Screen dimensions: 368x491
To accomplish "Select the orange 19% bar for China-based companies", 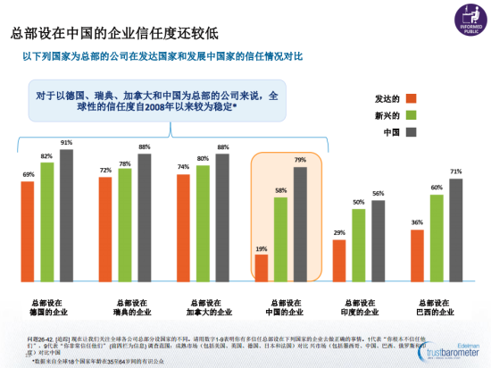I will click(x=261, y=267).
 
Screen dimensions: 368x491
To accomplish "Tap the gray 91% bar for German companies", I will click(x=67, y=215).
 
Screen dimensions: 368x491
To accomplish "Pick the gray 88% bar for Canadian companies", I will click(x=222, y=217).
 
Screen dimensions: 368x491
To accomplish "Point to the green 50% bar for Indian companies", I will click(x=359, y=245).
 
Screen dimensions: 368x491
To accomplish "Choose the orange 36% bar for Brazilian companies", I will click(x=417, y=255).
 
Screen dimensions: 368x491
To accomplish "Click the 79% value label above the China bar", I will click(x=300, y=160).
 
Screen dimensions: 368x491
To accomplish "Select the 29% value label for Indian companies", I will click(x=339, y=232).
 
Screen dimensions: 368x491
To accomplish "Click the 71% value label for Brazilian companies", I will click(x=456, y=171).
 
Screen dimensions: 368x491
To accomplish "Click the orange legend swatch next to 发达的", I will click(x=411, y=98).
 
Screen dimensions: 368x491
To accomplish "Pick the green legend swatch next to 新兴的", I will click(x=411, y=115).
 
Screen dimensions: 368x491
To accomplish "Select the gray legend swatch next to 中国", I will click(x=411, y=132).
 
